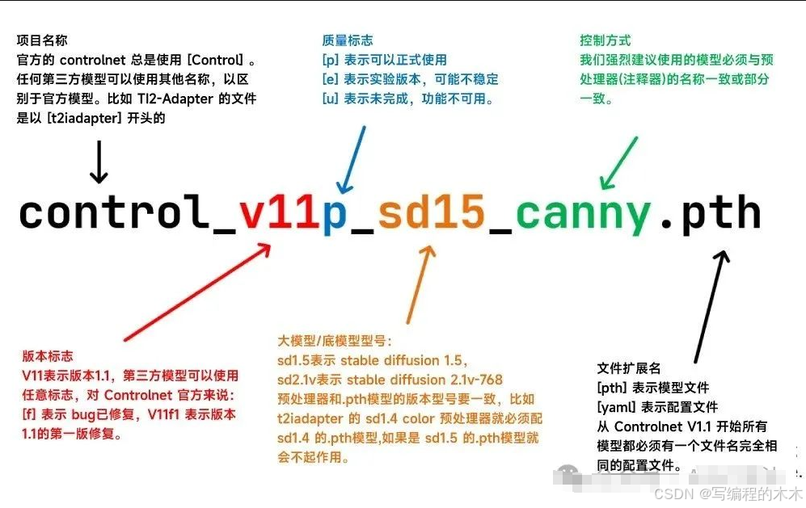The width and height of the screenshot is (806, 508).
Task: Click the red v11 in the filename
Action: [279, 212]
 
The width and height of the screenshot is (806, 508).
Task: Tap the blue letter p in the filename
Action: [335, 216]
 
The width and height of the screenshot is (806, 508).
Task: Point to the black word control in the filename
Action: [113, 212]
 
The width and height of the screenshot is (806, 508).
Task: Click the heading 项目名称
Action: [42, 40]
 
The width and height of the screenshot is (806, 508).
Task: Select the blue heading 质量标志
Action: [348, 40]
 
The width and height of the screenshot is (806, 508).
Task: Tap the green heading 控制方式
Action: [605, 40]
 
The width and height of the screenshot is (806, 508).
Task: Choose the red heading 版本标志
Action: [47, 356]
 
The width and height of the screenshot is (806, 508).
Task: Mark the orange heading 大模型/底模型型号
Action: [335, 341]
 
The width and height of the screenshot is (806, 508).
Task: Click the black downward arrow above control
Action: [99, 162]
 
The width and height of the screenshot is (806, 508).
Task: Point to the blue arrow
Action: [351, 160]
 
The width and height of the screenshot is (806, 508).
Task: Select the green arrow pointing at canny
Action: [619, 163]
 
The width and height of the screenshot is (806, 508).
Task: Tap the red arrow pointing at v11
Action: [197, 292]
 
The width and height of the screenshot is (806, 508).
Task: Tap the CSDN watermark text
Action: [728, 494]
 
